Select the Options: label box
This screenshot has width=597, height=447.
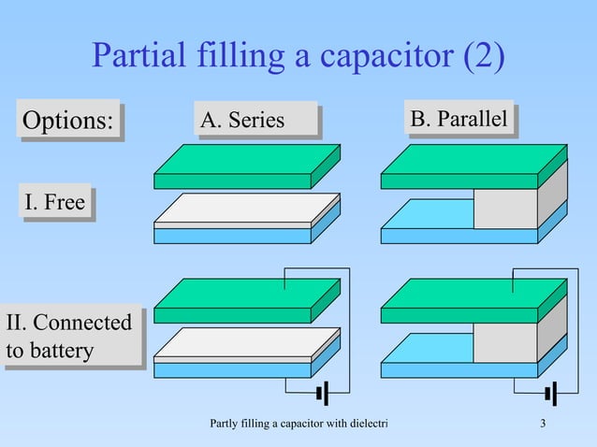point(66,121)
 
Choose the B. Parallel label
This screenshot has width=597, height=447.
point(459,120)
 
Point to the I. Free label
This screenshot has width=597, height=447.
point(54,201)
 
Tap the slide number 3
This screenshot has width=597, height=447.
point(544,428)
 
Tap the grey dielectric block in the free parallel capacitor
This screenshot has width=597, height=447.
point(505,209)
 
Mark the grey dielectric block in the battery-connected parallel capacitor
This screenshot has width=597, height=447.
point(505,342)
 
